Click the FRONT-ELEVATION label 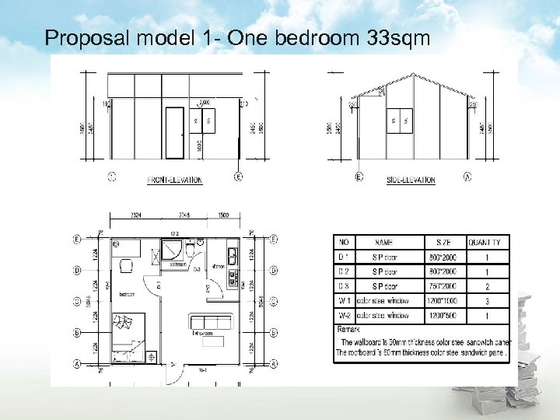click(174, 180)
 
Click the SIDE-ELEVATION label click(411, 180)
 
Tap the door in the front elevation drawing click(175, 133)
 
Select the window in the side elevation click(399, 121)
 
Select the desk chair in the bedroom click(126, 267)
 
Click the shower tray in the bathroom click(170, 250)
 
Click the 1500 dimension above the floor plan click(224, 215)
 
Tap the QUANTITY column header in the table click(487, 243)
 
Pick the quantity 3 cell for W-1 click(487, 301)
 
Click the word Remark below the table click(348, 330)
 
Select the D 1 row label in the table click(343, 257)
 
